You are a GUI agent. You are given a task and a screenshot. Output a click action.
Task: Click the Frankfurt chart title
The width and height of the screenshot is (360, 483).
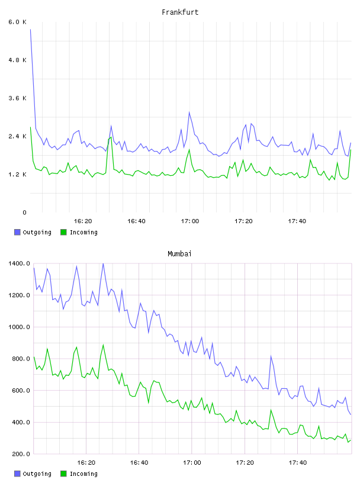coord(180,12)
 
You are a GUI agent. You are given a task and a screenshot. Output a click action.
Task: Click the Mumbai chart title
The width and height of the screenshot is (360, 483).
coord(179,254)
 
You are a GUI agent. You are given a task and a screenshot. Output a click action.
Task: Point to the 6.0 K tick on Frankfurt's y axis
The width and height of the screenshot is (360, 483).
coord(18,22)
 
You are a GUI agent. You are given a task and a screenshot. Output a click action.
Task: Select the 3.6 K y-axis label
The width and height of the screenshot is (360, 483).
coord(18,98)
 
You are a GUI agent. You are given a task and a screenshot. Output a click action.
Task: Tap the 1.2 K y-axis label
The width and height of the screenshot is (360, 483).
coord(18,175)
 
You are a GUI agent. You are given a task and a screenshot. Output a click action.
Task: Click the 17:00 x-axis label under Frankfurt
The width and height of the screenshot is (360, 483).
coord(190,221)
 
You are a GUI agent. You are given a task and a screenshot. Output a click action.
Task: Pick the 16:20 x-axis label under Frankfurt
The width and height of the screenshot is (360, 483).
coord(83,221)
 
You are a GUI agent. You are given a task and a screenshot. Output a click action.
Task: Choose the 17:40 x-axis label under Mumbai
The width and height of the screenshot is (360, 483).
coord(298,463)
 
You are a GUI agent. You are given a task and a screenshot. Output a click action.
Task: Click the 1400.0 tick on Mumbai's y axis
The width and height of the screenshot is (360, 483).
coord(19,263)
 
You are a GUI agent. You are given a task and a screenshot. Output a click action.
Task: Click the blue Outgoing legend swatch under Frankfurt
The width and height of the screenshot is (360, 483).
coord(17,232)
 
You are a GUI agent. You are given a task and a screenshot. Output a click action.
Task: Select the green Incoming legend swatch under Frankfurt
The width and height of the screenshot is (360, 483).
coord(63,232)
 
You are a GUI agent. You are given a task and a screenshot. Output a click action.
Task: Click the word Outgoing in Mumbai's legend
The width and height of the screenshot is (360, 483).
coord(37,474)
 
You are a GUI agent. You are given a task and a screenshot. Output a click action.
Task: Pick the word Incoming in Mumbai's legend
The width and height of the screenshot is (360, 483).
coord(83,474)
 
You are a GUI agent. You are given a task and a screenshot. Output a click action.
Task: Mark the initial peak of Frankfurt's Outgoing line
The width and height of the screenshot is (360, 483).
coord(31,30)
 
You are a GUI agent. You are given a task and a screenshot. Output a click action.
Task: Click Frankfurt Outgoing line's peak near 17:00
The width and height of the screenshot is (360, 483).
coord(189,112)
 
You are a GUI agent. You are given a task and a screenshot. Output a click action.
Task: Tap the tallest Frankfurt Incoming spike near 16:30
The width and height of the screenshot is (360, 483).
coord(111,137)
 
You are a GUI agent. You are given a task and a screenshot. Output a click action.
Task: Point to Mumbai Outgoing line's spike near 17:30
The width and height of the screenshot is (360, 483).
coord(271,356)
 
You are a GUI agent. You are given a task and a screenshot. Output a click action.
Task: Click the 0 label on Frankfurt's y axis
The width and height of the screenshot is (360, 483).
coord(24,212)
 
